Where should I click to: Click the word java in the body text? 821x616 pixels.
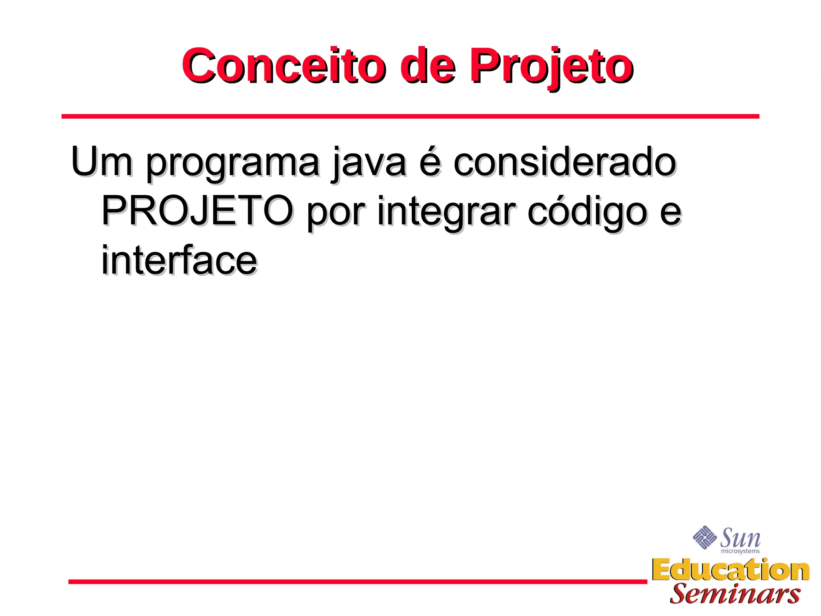[x=369, y=163]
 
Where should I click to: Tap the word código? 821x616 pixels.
[x=587, y=212]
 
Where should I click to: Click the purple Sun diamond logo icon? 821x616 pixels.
[x=704, y=537]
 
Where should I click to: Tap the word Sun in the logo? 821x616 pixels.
[x=740, y=538]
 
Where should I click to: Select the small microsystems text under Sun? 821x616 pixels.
[x=740, y=551]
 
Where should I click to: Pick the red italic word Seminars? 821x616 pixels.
[x=734, y=594]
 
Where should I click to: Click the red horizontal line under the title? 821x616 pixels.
[x=410, y=116]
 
